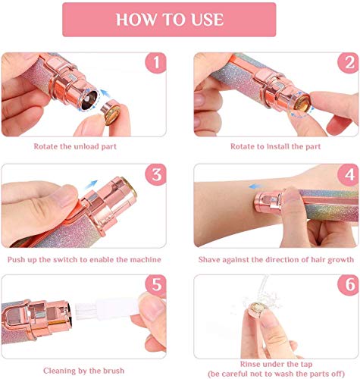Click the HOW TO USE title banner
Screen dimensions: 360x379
[169, 20]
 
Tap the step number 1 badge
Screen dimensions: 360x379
[155, 63]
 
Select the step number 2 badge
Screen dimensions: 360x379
[348, 63]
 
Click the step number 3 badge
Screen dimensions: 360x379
[155, 174]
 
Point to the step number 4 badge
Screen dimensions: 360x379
[348, 174]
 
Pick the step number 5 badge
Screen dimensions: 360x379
[155, 285]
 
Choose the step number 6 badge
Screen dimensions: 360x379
[348, 285]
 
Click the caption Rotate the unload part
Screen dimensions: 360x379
[75, 146]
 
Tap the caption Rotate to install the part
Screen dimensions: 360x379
[276, 146]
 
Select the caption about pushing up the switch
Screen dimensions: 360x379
[84, 260]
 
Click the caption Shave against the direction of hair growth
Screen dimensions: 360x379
[276, 260]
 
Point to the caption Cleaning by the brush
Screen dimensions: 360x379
[84, 371]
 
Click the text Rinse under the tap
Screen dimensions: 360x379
[276, 364]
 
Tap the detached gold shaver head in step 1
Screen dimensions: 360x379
[111, 112]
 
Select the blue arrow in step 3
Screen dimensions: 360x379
[91, 185]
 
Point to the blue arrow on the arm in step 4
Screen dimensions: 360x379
[255, 186]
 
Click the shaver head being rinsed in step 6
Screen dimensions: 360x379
[257, 309]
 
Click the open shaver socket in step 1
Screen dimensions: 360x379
[89, 99]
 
